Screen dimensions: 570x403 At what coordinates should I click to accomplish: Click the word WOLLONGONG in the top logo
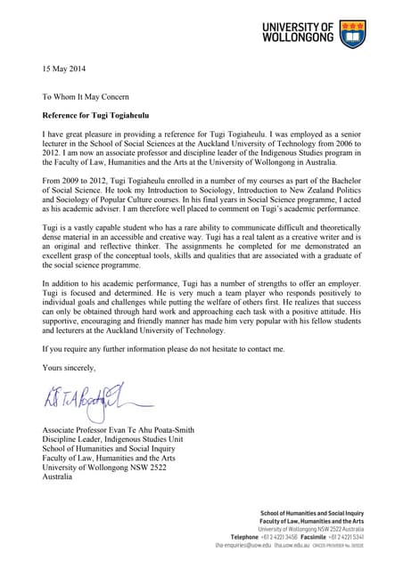299,40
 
